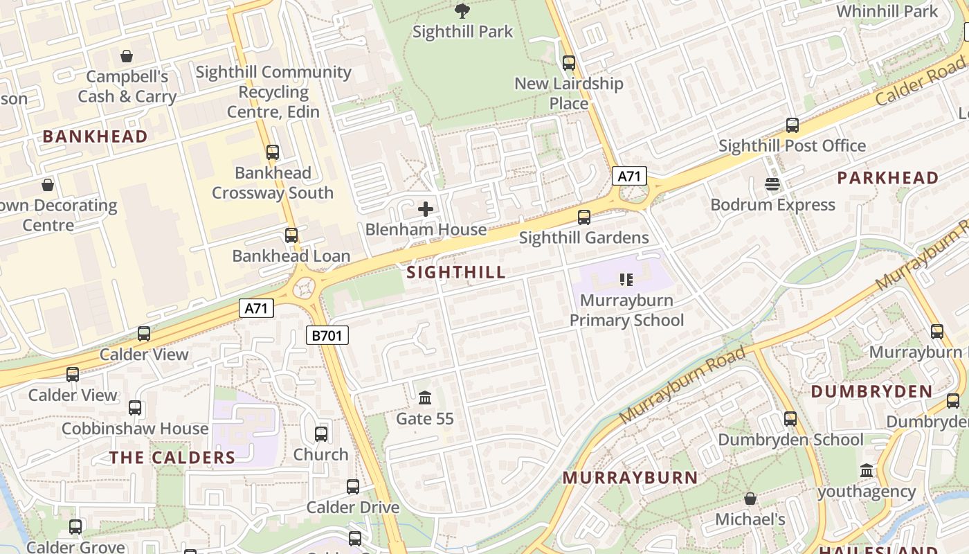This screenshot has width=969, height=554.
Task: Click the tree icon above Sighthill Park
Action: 462,11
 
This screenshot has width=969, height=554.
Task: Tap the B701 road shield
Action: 327,336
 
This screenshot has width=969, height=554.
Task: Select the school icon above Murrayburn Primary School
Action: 626,280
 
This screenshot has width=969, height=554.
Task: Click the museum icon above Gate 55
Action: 425,398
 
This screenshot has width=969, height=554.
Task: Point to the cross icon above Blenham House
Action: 426,209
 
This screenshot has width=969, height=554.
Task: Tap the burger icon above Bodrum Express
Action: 772,184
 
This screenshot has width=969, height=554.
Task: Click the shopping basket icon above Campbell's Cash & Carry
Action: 127,56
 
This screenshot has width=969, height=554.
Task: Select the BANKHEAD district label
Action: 96,136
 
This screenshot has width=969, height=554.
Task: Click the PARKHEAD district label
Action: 888,178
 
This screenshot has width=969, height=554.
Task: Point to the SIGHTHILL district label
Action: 456,272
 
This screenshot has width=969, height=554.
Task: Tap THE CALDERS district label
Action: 172,458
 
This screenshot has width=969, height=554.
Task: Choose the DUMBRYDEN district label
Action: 871,392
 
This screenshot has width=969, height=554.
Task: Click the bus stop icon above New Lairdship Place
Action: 568,63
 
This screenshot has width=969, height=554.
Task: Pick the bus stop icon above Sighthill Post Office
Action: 793,125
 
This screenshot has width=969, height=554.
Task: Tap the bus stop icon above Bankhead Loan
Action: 291,235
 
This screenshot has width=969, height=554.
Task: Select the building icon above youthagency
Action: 867,471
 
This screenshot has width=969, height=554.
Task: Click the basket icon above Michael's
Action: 750,499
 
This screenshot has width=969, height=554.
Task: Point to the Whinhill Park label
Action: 887,12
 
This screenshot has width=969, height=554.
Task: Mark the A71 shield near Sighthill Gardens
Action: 629,176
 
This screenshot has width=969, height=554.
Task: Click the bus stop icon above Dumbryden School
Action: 790,419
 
